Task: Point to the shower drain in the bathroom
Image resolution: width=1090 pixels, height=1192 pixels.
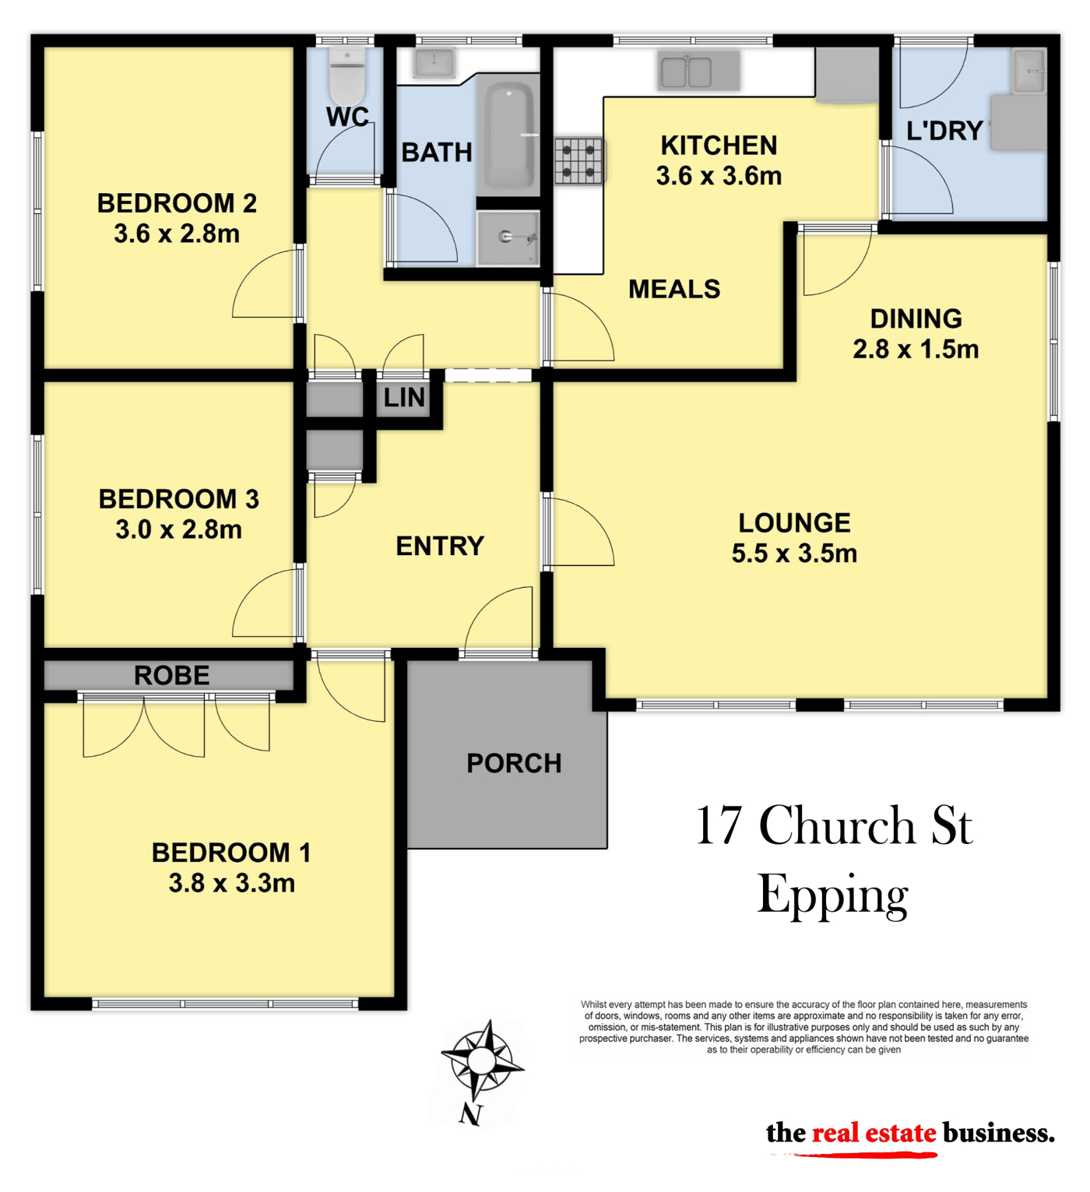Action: (x=505, y=237)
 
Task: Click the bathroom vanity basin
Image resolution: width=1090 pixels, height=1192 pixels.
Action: (x=434, y=63)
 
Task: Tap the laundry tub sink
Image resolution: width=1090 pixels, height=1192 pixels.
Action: (x=1028, y=72)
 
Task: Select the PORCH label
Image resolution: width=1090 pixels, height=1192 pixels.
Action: (x=514, y=763)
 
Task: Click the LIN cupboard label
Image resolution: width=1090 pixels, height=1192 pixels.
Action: (x=404, y=398)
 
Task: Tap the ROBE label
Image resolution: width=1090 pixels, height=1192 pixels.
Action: (x=172, y=675)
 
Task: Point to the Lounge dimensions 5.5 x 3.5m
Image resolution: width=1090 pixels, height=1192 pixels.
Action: (x=794, y=554)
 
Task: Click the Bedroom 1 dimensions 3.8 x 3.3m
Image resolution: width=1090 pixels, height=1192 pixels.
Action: (x=232, y=883)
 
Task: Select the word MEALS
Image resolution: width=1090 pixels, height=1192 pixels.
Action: (x=674, y=290)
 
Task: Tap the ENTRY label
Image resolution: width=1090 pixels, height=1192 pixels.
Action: (x=441, y=546)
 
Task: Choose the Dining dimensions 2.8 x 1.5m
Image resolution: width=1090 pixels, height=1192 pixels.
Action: (x=916, y=349)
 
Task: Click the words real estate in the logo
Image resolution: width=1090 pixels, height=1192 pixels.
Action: (x=874, y=1133)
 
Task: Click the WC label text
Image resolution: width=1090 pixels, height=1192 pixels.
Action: (x=348, y=117)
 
